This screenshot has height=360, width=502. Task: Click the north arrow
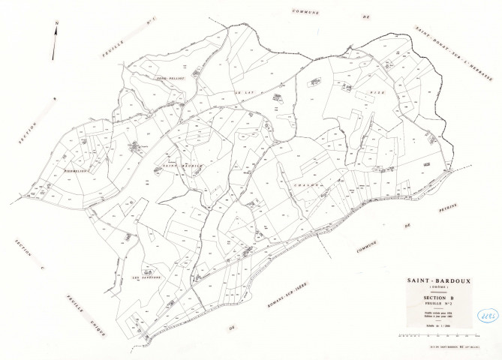point(56,42)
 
